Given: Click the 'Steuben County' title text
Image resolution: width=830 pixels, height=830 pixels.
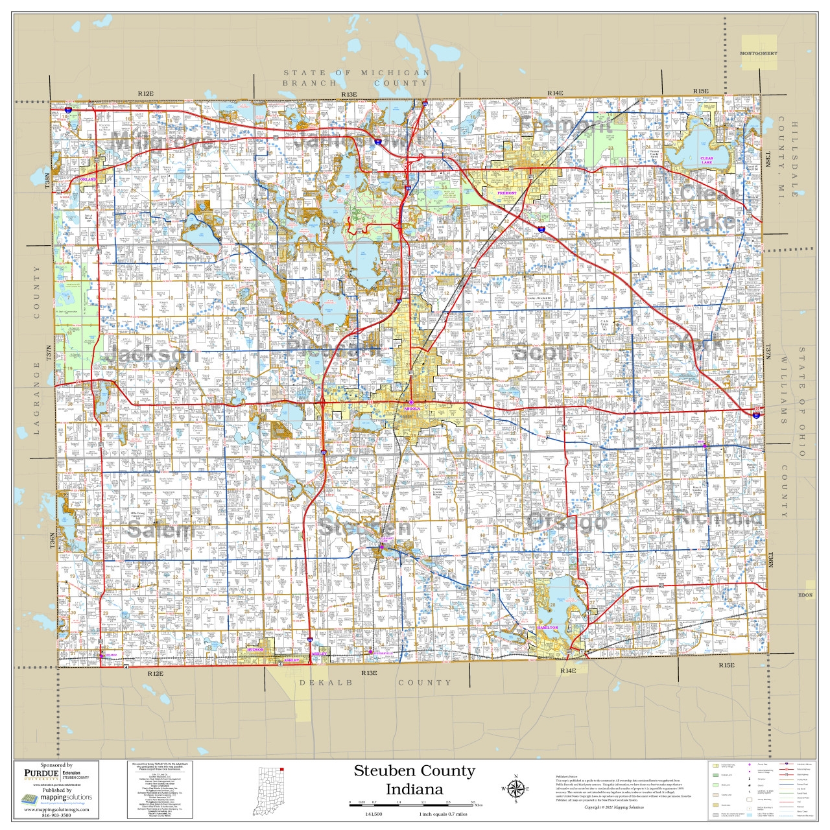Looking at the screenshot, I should coord(414,771).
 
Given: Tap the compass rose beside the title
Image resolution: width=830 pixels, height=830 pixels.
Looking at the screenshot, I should coord(516,789).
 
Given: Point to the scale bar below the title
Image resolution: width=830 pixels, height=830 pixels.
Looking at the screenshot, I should coord(414,805).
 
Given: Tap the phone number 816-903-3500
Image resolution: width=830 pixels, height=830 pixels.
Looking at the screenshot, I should coord(56,815).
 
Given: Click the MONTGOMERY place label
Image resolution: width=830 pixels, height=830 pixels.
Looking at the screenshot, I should coord(759,54).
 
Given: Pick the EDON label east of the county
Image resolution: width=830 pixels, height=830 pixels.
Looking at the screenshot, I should coord(805,595).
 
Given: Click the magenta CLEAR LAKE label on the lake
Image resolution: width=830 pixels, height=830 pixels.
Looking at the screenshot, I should coord(707,160).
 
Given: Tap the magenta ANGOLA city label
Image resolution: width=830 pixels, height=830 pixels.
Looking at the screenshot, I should coord(412,409).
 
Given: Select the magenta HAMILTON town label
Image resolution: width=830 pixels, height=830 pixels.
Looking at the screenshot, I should coord(547,628).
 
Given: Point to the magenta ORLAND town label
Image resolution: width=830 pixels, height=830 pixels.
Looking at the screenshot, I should coord(88,180).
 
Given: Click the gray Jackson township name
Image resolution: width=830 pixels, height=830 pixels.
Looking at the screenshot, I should coord(153,354).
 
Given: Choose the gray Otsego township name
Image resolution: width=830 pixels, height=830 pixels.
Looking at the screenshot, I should coord(567,521).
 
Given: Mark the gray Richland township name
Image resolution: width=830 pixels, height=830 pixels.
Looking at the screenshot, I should coord(718,517).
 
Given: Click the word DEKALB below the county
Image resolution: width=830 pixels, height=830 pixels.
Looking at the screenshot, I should coord(326,683).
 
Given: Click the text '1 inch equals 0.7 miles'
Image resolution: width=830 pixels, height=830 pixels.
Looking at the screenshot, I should coord(443,814).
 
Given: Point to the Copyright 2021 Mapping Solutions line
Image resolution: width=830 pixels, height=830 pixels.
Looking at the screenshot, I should coord(614,807).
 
